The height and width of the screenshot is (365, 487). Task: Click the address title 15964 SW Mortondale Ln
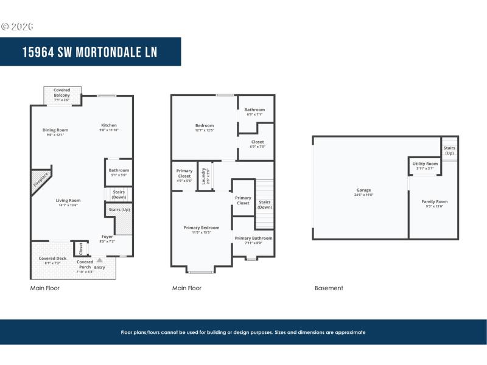[x=89, y=52]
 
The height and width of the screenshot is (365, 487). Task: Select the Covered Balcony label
[x=61, y=92]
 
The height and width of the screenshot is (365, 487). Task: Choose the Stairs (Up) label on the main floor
[x=119, y=210]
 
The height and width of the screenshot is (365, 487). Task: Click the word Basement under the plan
[x=329, y=288]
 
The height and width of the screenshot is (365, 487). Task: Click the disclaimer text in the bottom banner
[x=243, y=332]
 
